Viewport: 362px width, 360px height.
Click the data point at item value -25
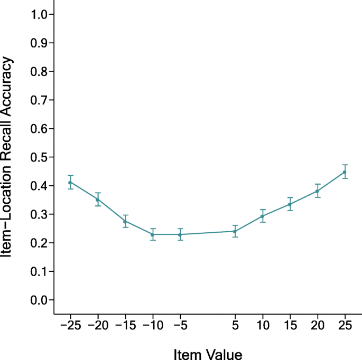click(x=70, y=182)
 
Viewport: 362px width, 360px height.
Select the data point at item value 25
click(x=345, y=172)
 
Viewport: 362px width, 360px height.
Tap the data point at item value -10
click(x=152, y=234)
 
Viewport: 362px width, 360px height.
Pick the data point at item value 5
click(x=235, y=231)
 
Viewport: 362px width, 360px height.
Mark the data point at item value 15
click(x=290, y=204)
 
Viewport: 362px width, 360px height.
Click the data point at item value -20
click(x=97, y=200)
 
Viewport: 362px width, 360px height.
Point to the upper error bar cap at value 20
click(x=317, y=184)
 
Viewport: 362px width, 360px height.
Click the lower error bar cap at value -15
click(x=125, y=227)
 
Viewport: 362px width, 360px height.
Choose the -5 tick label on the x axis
click(x=180, y=325)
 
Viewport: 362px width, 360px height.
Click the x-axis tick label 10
click(x=262, y=325)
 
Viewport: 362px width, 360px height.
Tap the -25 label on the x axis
click(x=70, y=325)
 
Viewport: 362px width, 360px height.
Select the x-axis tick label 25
click(x=345, y=325)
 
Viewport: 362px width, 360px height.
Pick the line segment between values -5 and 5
click(x=207, y=233)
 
